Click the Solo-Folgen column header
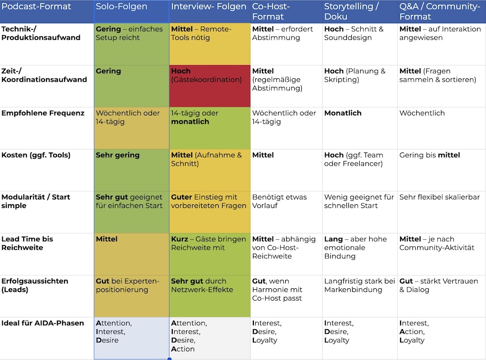(121, 7)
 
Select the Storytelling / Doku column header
(352, 11)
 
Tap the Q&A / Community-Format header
(440, 11)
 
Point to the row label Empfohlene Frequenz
(43, 113)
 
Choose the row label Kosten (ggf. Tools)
(36, 155)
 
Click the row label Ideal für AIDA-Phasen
(42, 323)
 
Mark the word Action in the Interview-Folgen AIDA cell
(183, 349)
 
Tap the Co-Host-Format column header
(271, 11)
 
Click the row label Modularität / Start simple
(36, 201)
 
